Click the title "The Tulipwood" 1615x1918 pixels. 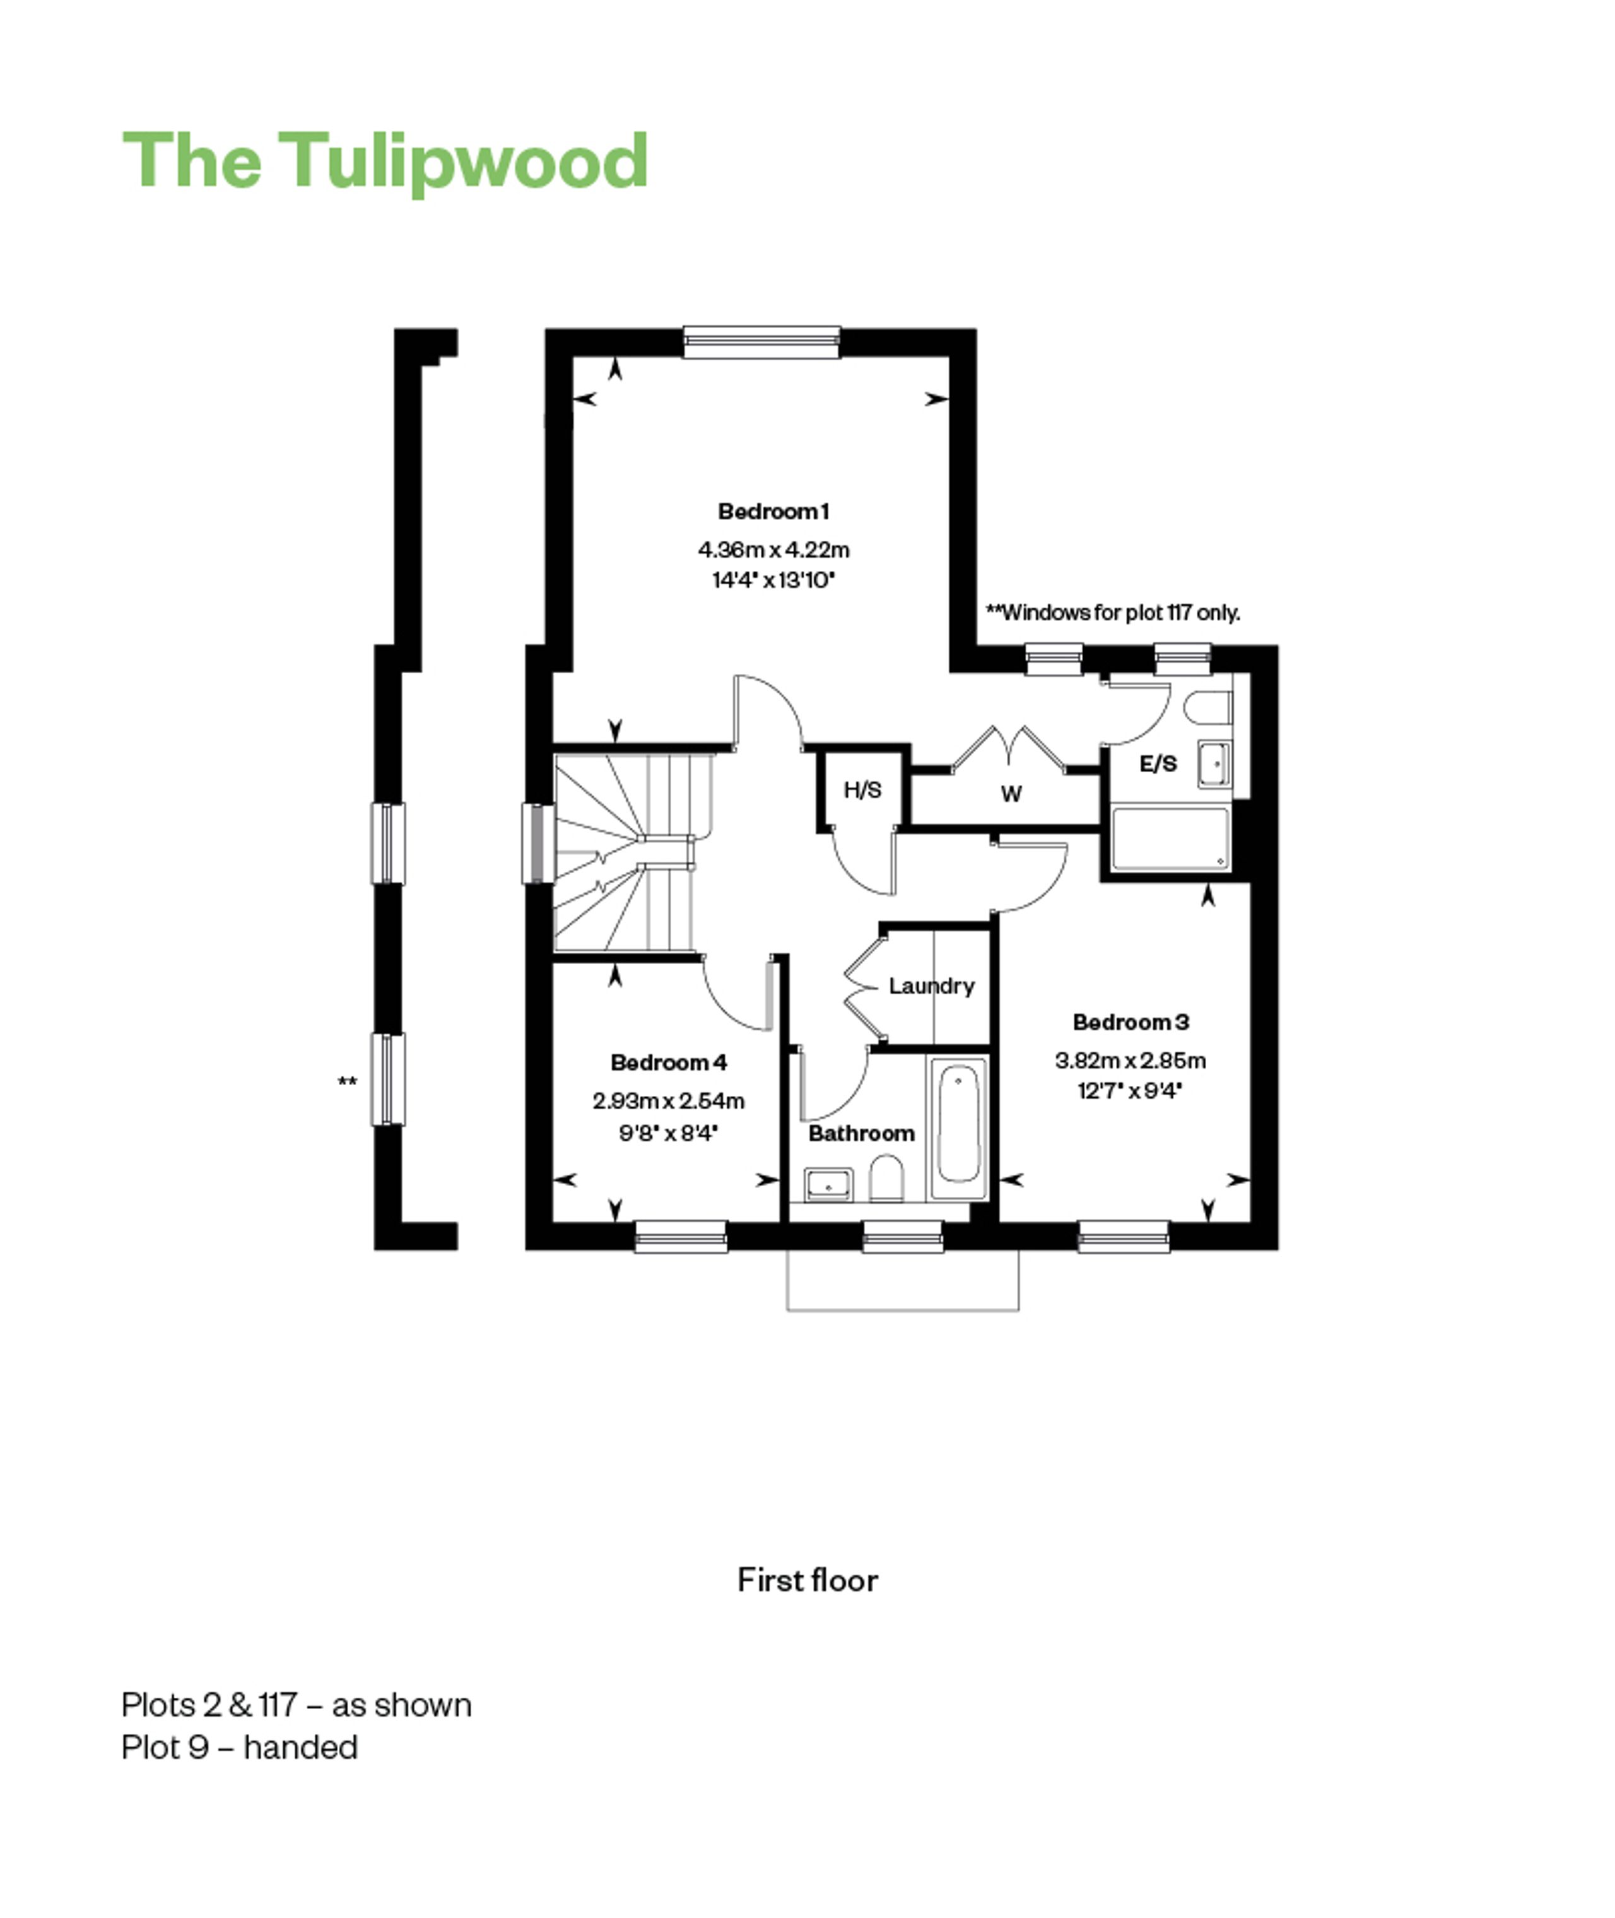(x=385, y=161)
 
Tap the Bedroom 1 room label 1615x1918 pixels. (x=773, y=511)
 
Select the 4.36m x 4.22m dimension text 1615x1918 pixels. (x=773, y=550)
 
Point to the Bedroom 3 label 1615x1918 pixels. (x=1130, y=1021)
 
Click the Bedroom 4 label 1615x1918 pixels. (x=668, y=1062)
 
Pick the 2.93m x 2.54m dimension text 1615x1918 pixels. (x=668, y=1100)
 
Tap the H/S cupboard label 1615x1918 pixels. (x=862, y=789)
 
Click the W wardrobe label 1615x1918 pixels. (x=1011, y=794)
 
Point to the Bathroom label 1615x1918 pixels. (x=860, y=1133)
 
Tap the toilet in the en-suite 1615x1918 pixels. (x=1207, y=707)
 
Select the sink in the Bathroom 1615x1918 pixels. (x=828, y=1186)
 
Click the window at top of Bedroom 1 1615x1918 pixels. (x=761, y=341)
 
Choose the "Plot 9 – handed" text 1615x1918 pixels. (x=239, y=1748)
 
